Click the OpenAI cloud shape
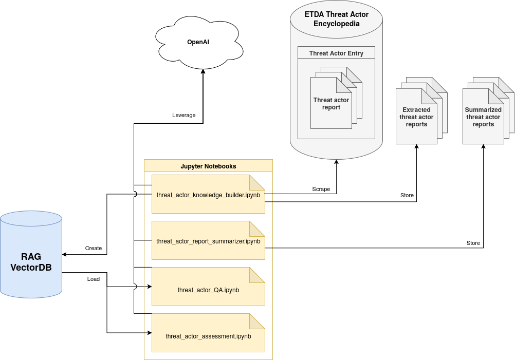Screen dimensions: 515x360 (199, 42)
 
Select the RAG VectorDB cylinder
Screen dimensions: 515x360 (31, 254)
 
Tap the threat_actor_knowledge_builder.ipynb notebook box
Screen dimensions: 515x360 (208, 194)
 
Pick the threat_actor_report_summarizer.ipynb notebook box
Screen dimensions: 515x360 (208, 240)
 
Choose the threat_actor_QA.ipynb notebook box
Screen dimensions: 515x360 (208, 287)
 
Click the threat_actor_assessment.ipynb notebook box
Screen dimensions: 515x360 (208, 333)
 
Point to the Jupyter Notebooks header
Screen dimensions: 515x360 (208, 166)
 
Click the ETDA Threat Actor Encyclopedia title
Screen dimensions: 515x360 (336, 19)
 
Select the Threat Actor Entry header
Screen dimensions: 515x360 (336, 53)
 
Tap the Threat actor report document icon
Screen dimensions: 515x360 (331, 103)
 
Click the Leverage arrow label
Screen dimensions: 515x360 (183, 115)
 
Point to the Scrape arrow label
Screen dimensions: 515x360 (321, 189)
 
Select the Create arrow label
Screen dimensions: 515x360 (93, 248)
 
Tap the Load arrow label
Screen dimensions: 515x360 (93, 279)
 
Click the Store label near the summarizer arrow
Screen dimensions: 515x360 (473, 243)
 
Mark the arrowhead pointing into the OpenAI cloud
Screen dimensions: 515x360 (203, 71)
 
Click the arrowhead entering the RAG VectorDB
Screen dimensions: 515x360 (65, 254)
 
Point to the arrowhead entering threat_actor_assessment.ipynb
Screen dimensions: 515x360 (150, 333)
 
